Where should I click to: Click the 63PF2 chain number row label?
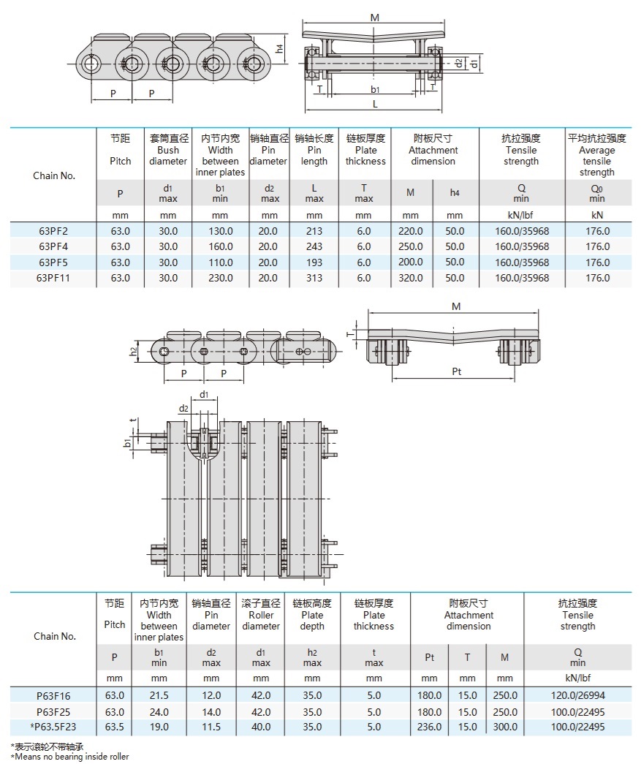click(53, 231)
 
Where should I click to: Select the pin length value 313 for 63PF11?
click(314, 278)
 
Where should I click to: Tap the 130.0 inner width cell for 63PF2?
click(220, 231)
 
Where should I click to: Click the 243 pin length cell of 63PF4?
click(314, 247)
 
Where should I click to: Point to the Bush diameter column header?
click(168, 150)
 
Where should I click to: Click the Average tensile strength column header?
click(596, 155)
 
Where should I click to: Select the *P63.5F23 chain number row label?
click(53, 727)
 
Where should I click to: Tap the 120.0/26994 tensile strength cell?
click(577, 696)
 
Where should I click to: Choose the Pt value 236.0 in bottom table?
click(430, 727)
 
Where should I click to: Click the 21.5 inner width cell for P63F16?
click(159, 696)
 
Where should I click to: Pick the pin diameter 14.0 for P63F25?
click(211, 711)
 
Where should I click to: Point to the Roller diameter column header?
click(261, 615)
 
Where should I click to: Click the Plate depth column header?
click(312, 615)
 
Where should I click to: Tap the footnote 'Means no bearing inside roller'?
click(70, 757)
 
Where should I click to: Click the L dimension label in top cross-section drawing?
click(375, 104)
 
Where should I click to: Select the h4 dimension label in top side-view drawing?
click(280, 49)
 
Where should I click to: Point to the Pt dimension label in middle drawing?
click(457, 371)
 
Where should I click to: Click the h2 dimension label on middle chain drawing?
click(134, 351)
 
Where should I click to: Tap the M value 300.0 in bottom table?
click(504, 727)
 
